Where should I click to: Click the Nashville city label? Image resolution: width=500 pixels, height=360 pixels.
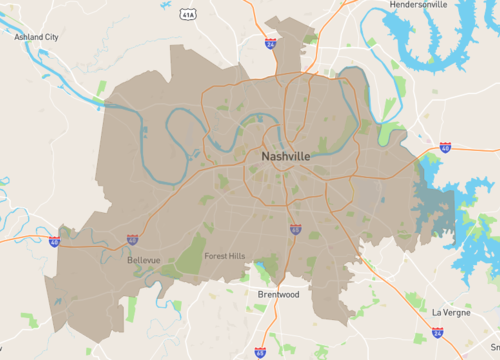tap(285, 157)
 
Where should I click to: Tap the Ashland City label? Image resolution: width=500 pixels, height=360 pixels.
tap(36, 36)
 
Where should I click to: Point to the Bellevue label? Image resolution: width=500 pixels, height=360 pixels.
tap(145, 260)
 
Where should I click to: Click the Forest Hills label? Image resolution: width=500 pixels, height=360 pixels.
tap(224, 256)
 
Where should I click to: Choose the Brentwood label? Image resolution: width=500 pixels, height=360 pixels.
tap(279, 295)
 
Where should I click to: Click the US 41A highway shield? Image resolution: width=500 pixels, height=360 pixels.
tap(189, 15)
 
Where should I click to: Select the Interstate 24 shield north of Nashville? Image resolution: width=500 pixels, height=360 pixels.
tap(271, 45)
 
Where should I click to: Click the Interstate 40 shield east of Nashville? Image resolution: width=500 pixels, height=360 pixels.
tap(444, 147)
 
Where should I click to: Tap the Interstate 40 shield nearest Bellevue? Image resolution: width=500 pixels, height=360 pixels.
tap(133, 240)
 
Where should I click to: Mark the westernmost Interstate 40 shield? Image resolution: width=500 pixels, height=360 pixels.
tap(54, 241)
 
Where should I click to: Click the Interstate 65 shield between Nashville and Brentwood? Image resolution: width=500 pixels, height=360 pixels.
tap(295, 229)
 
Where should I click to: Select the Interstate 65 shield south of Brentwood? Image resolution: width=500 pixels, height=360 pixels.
tap(261, 351)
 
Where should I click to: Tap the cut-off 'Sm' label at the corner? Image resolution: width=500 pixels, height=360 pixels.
tap(493, 345)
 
